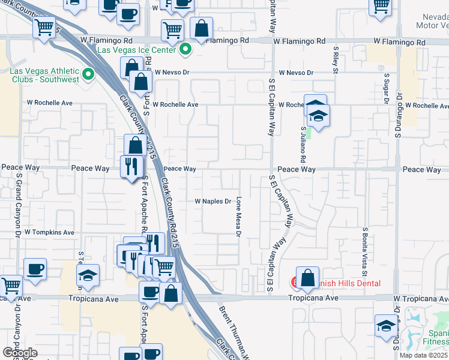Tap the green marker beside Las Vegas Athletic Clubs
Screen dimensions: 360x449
tap(89, 75)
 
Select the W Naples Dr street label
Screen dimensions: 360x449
tap(212, 202)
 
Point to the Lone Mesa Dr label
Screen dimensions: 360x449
tap(238, 217)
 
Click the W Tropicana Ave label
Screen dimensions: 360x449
tap(421, 298)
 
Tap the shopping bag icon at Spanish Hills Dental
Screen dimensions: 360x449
tap(307, 278)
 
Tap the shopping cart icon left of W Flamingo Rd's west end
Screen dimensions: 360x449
tap(44, 27)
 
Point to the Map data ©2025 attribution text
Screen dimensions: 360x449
tap(423, 355)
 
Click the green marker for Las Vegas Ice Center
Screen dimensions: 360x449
tap(186, 49)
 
